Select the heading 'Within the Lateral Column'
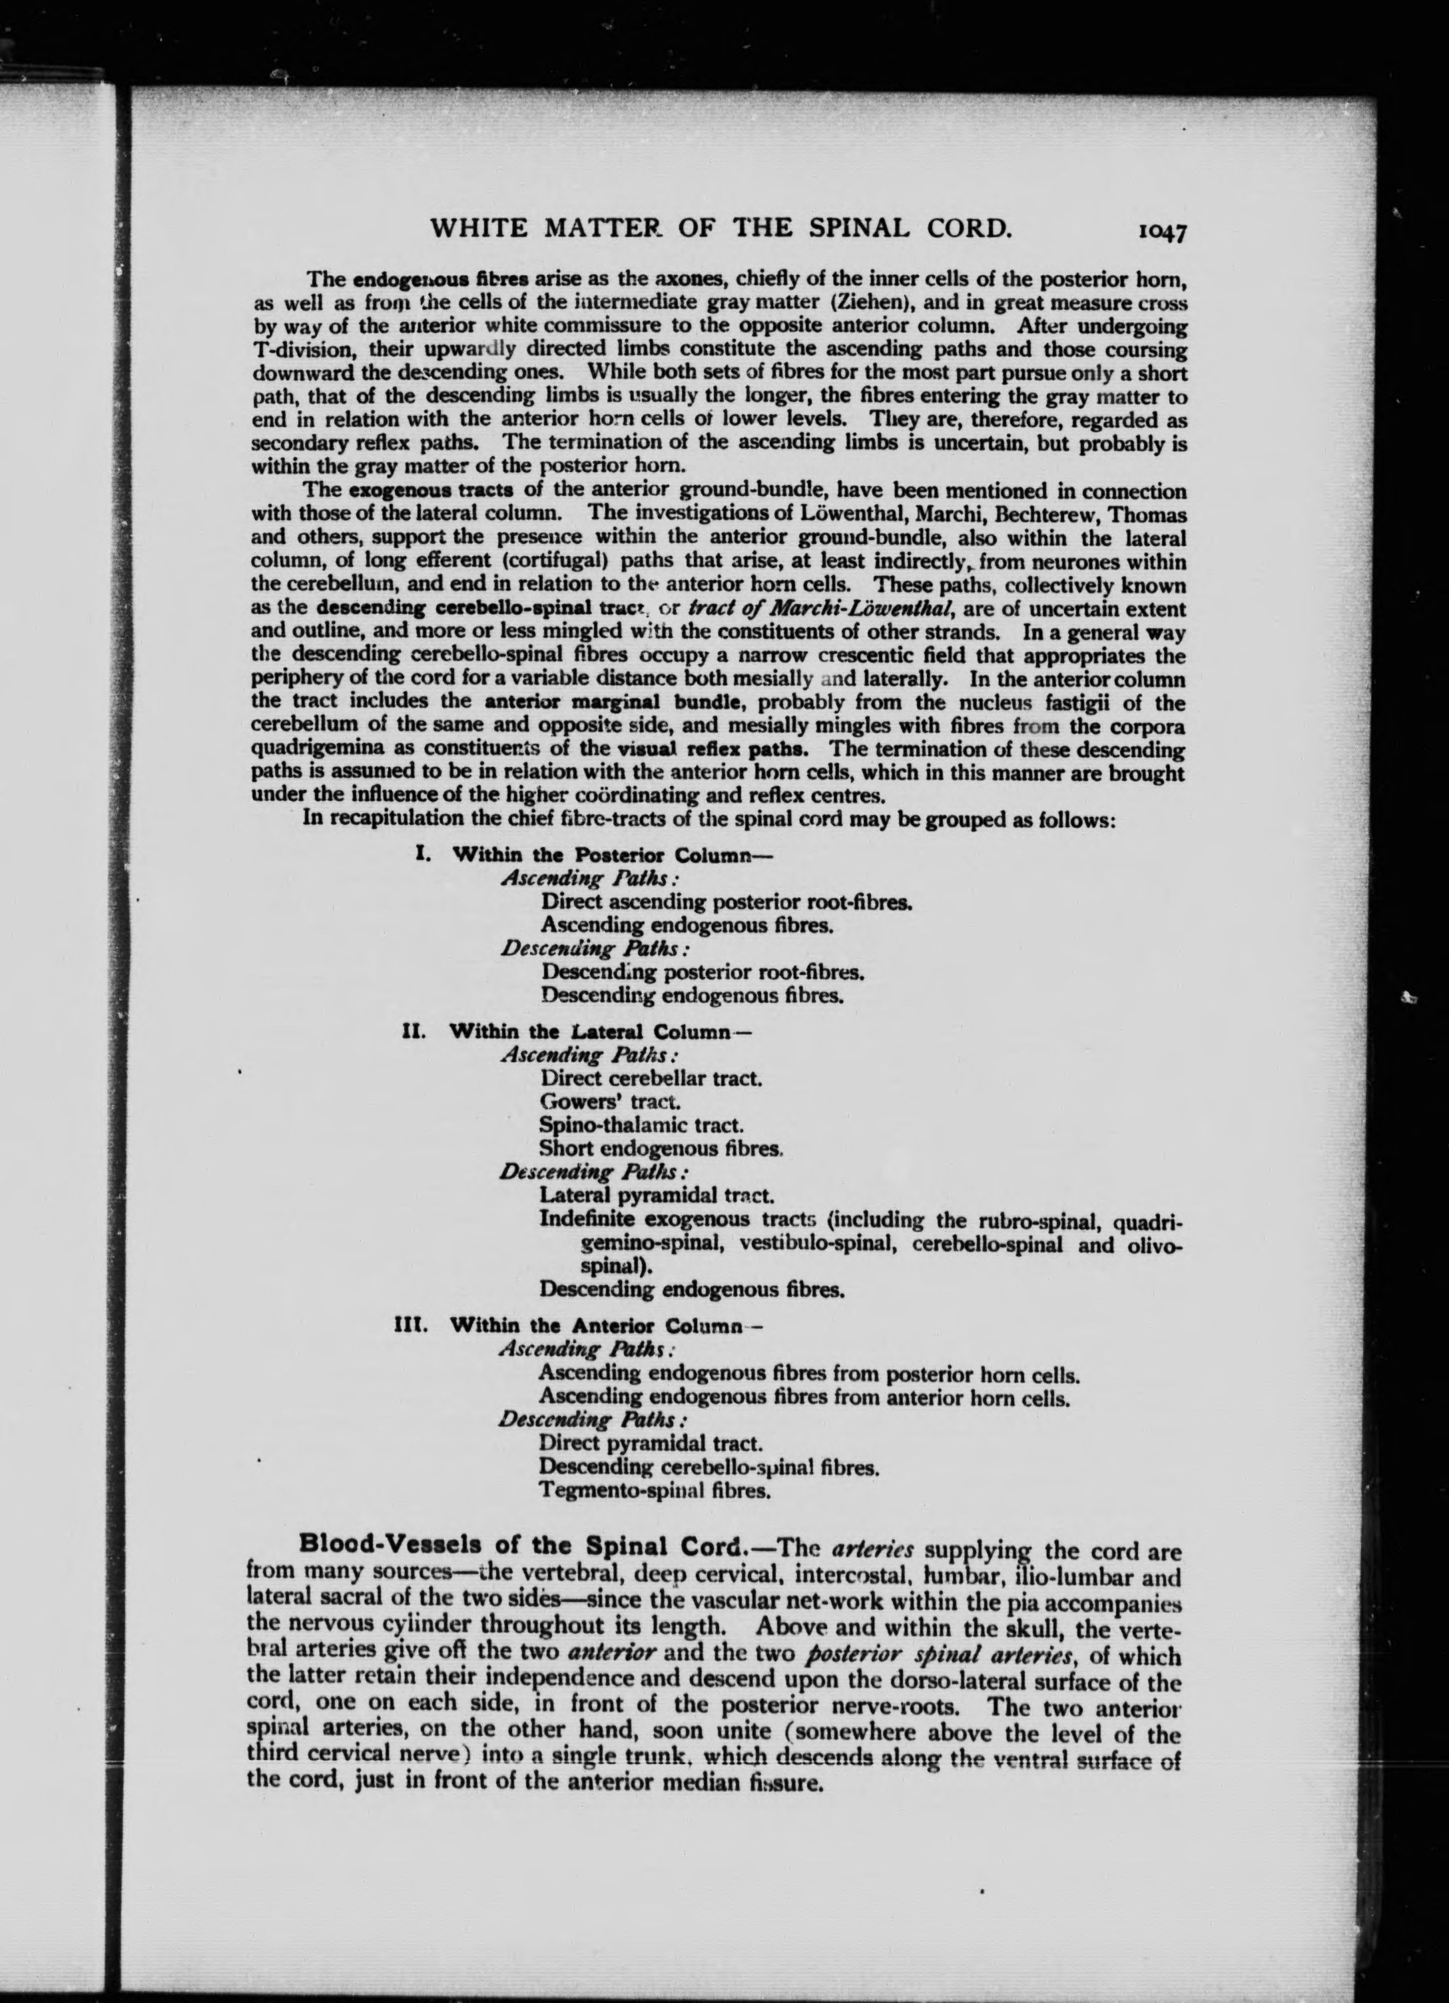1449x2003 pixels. coord(590,1031)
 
